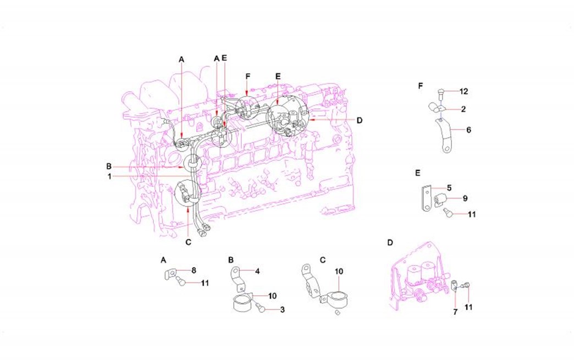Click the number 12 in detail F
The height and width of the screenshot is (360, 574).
(464, 91)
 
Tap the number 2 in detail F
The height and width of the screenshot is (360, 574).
(464, 109)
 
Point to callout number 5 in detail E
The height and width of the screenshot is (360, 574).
(449, 187)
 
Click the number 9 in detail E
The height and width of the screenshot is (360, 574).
(465, 197)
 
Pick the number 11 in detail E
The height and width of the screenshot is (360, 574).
(471, 214)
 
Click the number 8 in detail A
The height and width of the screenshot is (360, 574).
(194, 270)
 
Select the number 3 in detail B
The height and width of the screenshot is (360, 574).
(282, 310)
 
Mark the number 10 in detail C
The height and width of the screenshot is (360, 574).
(339, 272)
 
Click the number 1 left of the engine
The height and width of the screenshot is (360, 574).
(109, 176)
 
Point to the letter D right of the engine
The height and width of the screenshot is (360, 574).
(359, 120)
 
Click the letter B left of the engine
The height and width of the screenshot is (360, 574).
(109, 166)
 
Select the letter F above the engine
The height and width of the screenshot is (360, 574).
(248, 76)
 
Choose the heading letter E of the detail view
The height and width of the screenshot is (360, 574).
(418, 173)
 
